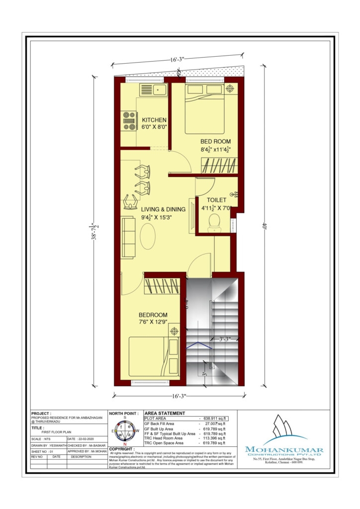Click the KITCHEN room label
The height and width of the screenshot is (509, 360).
click(x=154, y=120)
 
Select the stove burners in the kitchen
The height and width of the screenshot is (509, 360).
click(x=130, y=121)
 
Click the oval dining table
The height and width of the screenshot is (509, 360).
click(x=148, y=236)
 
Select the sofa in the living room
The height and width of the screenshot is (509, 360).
click(x=128, y=237)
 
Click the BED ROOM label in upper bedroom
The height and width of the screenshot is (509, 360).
click(x=215, y=142)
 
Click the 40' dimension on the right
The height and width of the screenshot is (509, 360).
click(x=266, y=226)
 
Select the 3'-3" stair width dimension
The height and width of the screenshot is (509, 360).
click(x=226, y=339)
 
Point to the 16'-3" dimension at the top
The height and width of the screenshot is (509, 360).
click(x=177, y=60)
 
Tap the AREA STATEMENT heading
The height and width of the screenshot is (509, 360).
click(x=164, y=413)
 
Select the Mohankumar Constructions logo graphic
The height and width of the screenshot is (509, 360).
click(x=283, y=430)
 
